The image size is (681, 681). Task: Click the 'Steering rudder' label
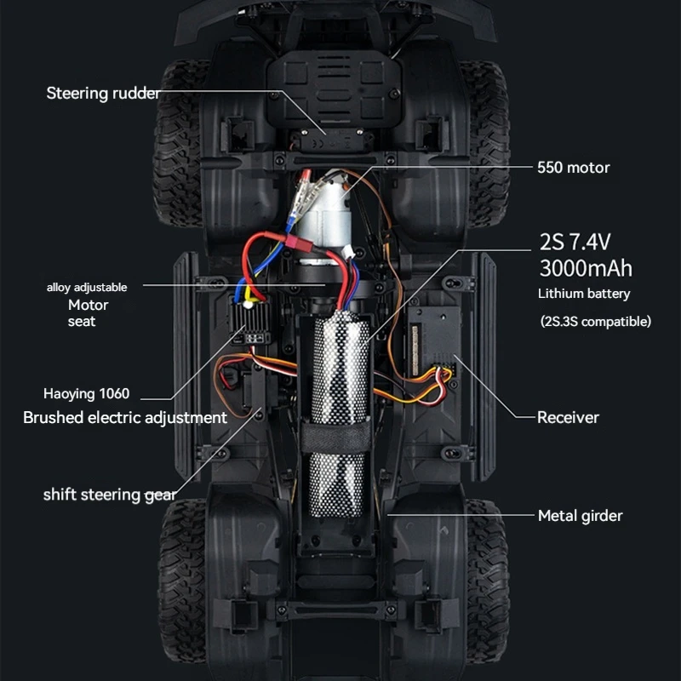pos(103,94)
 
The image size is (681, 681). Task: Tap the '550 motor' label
pos(573,167)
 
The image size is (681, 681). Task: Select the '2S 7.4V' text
pos(575,242)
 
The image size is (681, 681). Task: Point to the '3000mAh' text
pos(586,268)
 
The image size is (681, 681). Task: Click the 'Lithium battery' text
pos(584,294)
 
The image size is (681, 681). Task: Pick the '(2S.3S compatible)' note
pos(595,322)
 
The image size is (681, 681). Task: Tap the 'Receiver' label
pos(568,417)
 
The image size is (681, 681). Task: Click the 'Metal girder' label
pos(581,516)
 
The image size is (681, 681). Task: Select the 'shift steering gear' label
pos(110,495)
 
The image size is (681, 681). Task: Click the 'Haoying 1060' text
pos(87,393)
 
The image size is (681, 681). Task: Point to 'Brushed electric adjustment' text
pos(125,417)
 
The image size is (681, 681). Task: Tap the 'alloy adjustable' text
pos(87,288)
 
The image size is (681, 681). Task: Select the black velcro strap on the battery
pos(335,435)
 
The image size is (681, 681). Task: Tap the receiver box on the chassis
pos(433,340)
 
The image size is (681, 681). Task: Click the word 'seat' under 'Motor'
pos(82,322)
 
